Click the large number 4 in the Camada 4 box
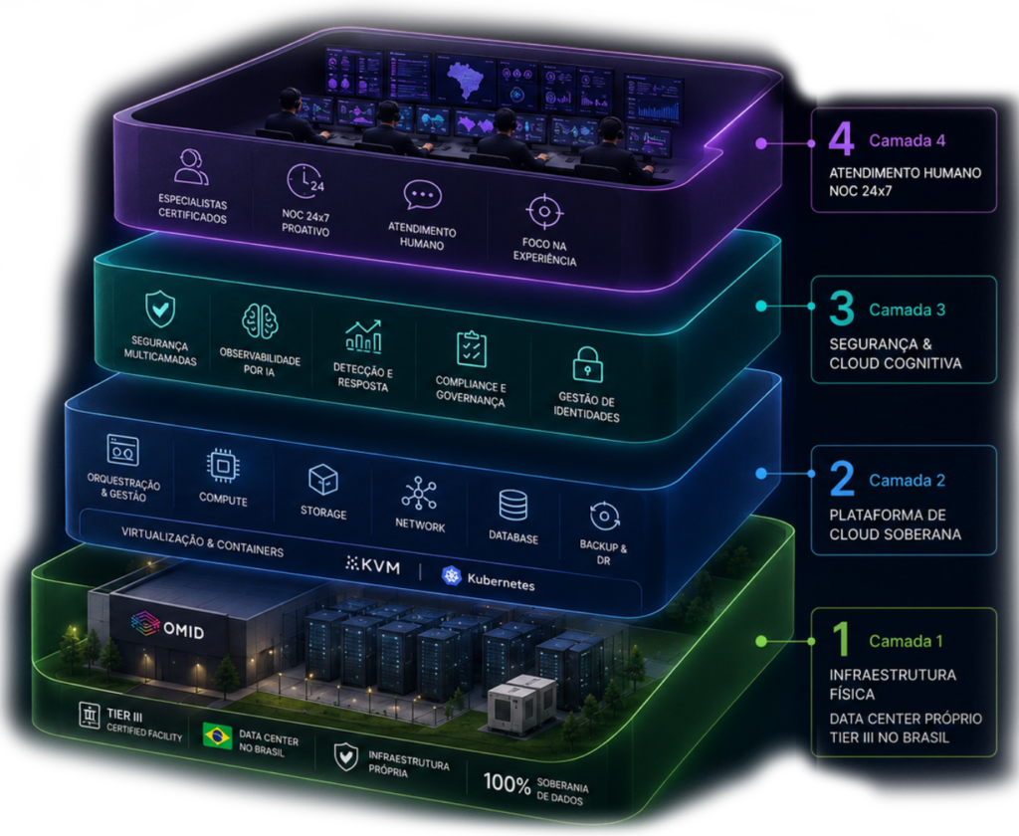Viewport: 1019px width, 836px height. (x=841, y=138)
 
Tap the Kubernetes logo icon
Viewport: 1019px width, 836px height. (x=451, y=575)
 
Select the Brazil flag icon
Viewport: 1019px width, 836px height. (x=217, y=735)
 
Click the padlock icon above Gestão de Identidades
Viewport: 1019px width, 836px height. (x=587, y=364)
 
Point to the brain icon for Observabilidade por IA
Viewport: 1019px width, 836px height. (x=260, y=321)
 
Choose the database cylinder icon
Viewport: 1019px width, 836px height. (x=512, y=506)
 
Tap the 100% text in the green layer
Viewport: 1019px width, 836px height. (x=507, y=783)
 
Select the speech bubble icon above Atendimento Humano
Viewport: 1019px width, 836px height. (x=422, y=194)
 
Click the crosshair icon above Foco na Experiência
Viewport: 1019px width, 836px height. (x=544, y=211)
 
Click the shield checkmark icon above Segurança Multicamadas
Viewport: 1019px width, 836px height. (x=160, y=309)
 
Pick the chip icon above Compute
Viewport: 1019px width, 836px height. (x=223, y=466)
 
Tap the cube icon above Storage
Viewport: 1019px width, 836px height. (x=323, y=481)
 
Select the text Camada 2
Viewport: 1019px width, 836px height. (x=907, y=481)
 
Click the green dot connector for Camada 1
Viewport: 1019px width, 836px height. (x=761, y=642)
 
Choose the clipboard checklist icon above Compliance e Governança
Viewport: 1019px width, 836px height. (x=471, y=349)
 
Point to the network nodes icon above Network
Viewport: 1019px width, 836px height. (x=419, y=494)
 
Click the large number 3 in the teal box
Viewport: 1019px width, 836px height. (x=841, y=308)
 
